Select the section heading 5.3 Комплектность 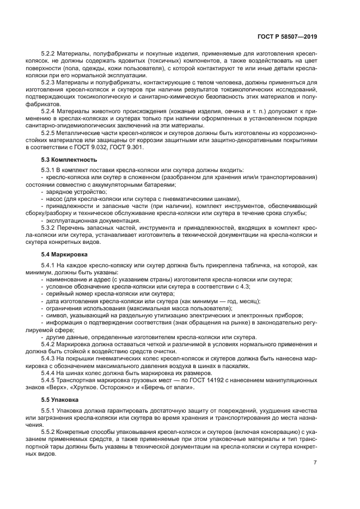tap(69, 160)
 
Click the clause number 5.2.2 tap(50, 55)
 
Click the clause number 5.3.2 tap(50, 226)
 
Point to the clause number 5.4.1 tap(50, 266)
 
